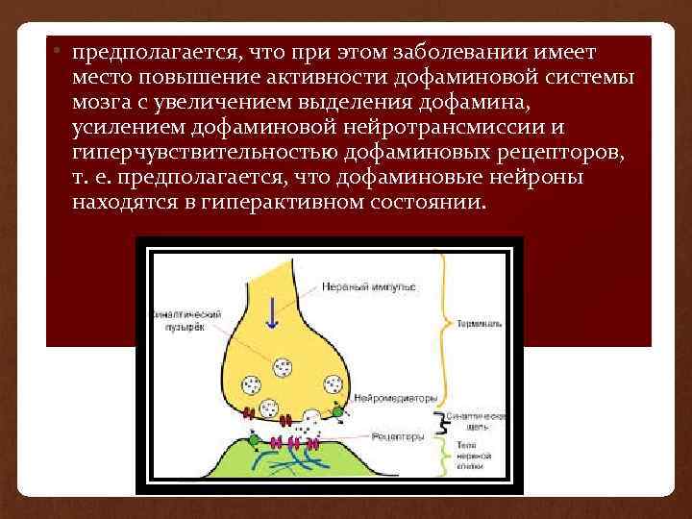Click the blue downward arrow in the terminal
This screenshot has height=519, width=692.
(274, 313)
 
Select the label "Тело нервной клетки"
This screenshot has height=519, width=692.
(475, 455)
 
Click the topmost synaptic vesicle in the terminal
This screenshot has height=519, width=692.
(284, 367)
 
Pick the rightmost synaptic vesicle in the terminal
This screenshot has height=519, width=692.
(333, 385)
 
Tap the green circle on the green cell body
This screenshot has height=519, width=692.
(253, 441)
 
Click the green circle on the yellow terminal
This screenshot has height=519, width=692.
(337, 413)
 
